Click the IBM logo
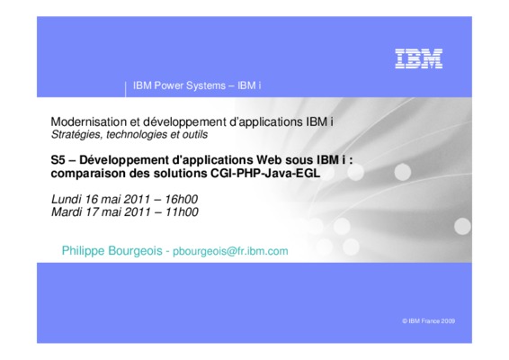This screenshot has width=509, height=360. tap(419, 58)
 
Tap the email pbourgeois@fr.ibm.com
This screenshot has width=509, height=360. tap(230, 251)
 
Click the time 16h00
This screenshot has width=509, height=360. tap(182, 199)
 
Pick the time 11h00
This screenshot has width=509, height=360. tap(182, 212)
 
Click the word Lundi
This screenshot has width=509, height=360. tap(67, 199)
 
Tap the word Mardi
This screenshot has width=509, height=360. tap(67, 212)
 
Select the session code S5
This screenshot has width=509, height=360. tap(58, 160)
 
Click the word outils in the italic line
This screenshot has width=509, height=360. tap(195, 134)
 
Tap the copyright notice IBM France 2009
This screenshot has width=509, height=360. tap(428, 321)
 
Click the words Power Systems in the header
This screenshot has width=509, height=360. tap(190, 85)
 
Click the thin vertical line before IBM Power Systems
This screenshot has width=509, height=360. tap(125, 89)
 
